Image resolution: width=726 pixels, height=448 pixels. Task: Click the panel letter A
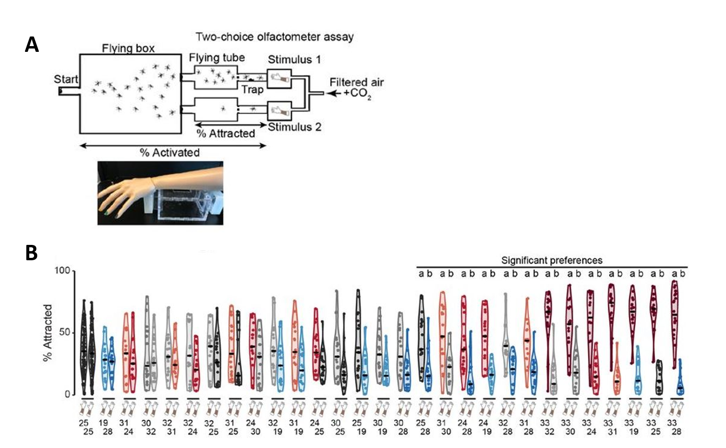click(x=32, y=45)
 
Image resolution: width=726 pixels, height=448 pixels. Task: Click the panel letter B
click(x=31, y=253)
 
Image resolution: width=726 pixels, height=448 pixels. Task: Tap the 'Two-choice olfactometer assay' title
click(x=275, y=37)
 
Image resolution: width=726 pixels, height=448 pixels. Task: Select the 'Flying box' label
click(x=128, y=48)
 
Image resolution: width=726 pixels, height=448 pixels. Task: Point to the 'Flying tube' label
click(x=217, y=58)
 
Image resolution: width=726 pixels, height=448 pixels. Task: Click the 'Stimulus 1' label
click(x=294, y=60)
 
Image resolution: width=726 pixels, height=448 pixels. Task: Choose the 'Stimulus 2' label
click(x=294, y=127)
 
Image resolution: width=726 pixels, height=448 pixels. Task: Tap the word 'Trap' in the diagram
click(x=252, y=90)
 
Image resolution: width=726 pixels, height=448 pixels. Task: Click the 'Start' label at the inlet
click(x=66, y=79)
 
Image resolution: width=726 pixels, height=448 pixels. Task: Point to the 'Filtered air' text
click(x=356, y=83)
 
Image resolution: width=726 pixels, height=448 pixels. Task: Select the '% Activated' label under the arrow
click(x=169, y=153)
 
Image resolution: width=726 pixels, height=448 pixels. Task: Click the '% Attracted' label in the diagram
click(x=226, y=133)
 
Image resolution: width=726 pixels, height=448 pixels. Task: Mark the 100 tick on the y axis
click(x=62, y=271)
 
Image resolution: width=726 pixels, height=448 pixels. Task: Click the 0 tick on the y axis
click(x=67, y=394)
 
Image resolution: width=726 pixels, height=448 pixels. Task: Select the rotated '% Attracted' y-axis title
click(x=47, y=332)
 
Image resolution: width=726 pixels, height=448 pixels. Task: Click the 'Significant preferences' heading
click(x=552, y=260)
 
